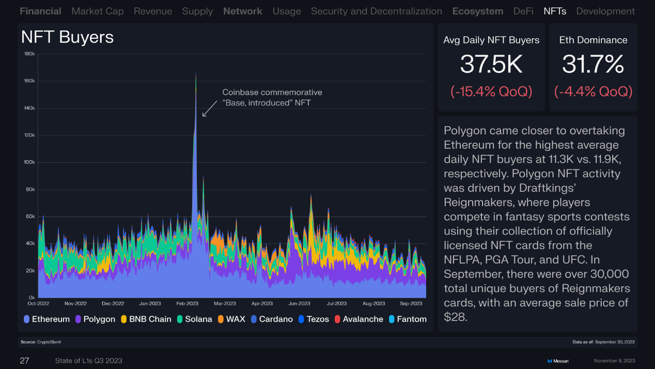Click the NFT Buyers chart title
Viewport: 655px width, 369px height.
pos(67,37)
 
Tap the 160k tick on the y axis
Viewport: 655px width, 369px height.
pos(29,81)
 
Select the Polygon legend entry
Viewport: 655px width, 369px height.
pos(95,319)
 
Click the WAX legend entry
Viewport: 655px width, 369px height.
pos(231,319)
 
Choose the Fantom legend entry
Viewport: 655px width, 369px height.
pos(407,319)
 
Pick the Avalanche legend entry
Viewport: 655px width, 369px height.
pos(358,319)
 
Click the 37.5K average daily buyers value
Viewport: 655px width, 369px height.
pos(491,65)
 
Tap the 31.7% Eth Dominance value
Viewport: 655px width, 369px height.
pos(593,65)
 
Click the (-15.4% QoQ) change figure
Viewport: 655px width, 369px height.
pos(491,91)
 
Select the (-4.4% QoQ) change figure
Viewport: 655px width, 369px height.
pos(593,91)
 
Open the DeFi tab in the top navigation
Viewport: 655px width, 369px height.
pos(523,11)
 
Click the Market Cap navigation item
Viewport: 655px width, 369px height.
pos(98,11)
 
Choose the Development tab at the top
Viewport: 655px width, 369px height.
pos(605,11)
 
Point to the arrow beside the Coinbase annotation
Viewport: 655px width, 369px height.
pos(209,109)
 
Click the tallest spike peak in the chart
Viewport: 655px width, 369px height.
pos(196,74)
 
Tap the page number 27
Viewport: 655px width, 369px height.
pos(24,360)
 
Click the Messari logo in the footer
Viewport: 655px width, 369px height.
pos(557,361)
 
